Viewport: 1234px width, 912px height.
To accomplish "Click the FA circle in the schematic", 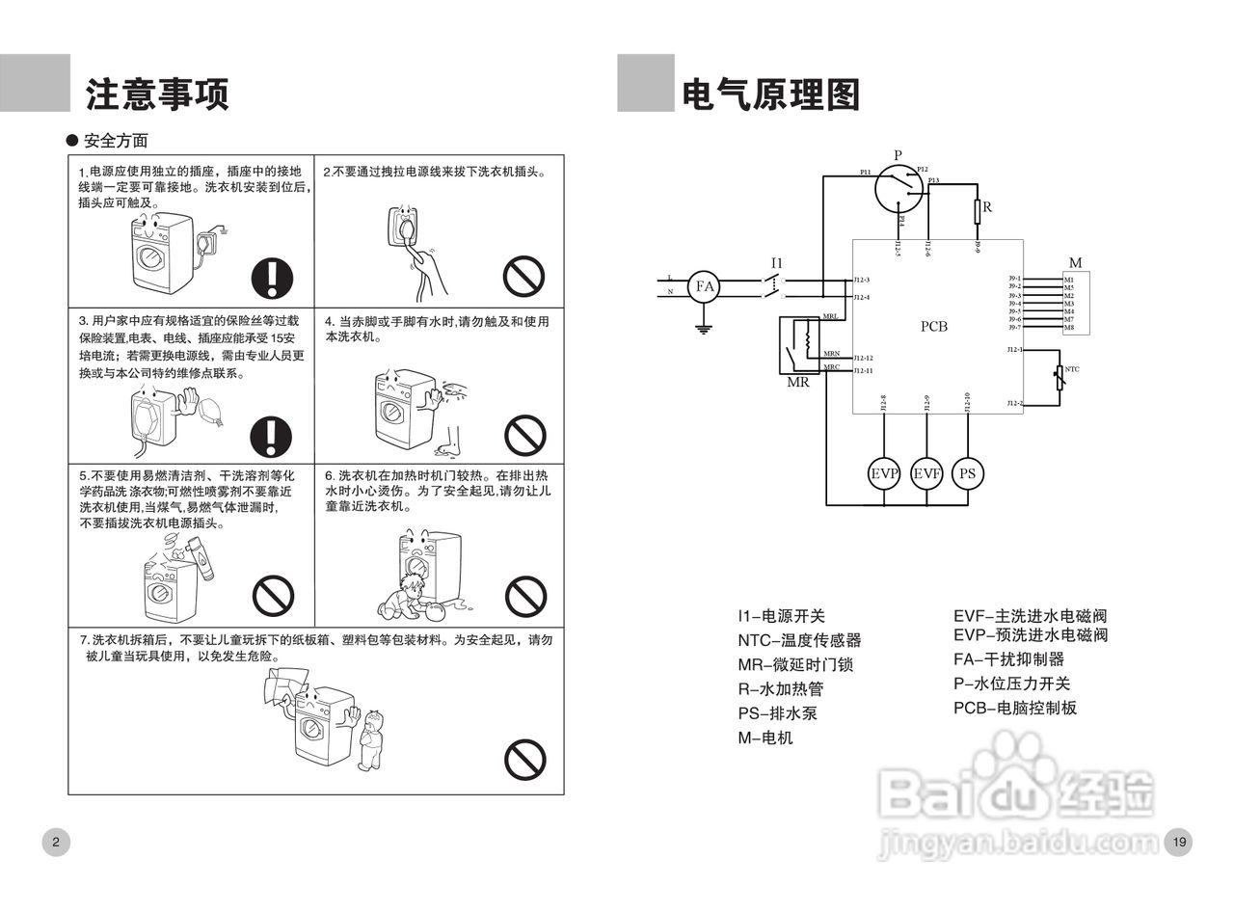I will (x=705, y=286).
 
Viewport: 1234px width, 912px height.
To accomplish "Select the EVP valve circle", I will (x=884, y=473).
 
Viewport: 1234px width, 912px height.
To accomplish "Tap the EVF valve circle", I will (x=926, y=473).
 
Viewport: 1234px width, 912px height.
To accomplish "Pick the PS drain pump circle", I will (x=968, y=473).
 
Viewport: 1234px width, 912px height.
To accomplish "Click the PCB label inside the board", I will (x=933, y=327).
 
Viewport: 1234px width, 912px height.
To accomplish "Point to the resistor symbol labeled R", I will (x=977, y=211).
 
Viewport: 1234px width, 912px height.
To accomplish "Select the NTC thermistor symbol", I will (x=1060, y=377).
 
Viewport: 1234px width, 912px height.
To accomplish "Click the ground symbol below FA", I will (x=705, y=330).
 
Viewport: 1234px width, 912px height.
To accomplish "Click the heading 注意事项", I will (x=157, y=95).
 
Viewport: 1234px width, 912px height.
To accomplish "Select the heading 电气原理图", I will (x=770, y=95).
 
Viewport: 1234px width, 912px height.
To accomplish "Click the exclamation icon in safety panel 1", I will (x=272, y=278).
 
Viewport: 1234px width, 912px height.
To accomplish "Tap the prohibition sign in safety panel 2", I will (x=524, y=278).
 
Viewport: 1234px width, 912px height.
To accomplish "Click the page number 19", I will (x=1179, y=842).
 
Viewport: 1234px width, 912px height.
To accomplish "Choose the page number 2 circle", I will (x=56, y=842).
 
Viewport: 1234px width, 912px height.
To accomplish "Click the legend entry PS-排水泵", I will (x=777, y=714).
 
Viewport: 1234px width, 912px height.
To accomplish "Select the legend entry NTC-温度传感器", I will (x=799, y=640).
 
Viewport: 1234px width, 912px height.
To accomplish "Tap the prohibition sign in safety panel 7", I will (x=525, y=760).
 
